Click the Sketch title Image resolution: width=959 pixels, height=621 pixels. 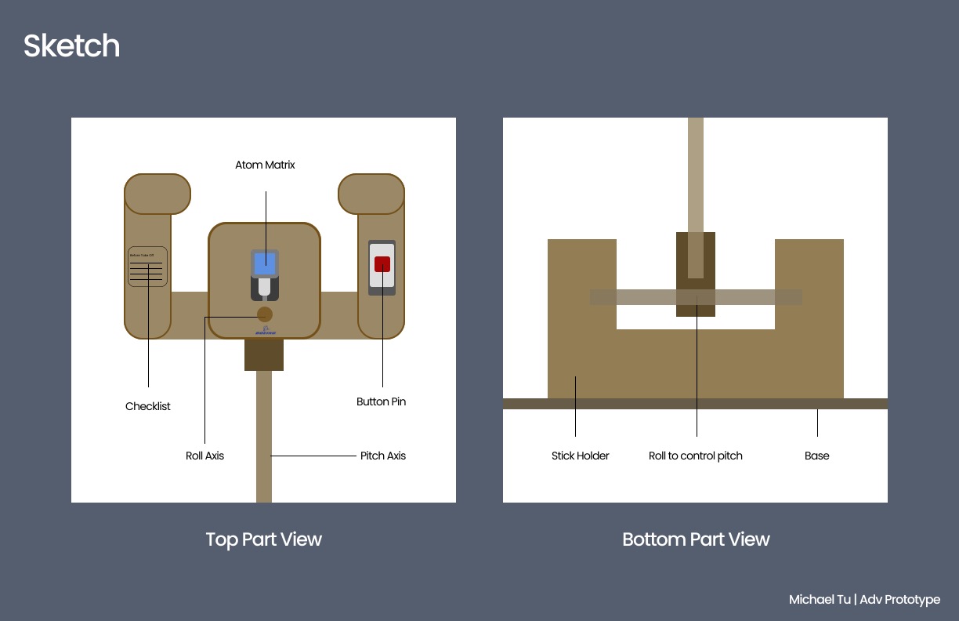pyautogui.click(x=71, y=46)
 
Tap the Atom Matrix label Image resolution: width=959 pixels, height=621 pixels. pyautogui.click(x=265, y=165)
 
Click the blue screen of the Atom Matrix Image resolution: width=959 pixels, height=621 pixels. pyautogui.click(x=265, y=263)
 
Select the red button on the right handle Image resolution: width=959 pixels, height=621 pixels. pyautogui.click(x=382, y=264)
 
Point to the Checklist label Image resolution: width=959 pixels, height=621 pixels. pyautogui.click(x=148, y=406)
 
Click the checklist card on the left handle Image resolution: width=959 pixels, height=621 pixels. pyautogui.click(x=147, y=267)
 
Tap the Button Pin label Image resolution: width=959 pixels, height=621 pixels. pyautogui.click(x=381, y=401)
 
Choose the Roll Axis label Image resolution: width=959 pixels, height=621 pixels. pyautogui.click(x=204, y=456)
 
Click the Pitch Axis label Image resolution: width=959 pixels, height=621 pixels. pyautogui.click(x=383, y=456)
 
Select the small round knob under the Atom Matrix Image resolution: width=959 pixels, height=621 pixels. pyautogui.click(x=265, y=314)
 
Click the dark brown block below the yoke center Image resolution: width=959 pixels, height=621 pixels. pyautogui.click(x=264, y=354)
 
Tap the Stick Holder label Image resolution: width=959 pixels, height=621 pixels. pyautogui.click(x=580, y=456)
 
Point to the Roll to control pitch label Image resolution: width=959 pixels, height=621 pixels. pyautogui.click(x=696, y=456)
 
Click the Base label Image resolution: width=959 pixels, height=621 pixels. pyautogui.click(x=816, y=456)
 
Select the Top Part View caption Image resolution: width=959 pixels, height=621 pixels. pyautogui.click(x=263, y=539)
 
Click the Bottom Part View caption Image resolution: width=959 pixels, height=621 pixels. pyautogui.click(x=696, y=539)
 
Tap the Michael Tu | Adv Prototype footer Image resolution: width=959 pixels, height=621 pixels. pyautogui.click(x=864, y=600)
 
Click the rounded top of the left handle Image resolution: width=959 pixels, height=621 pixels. pyautogui.click(x=157, y=194)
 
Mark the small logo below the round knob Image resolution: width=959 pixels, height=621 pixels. pyautogui.click(x=265, y=331)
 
